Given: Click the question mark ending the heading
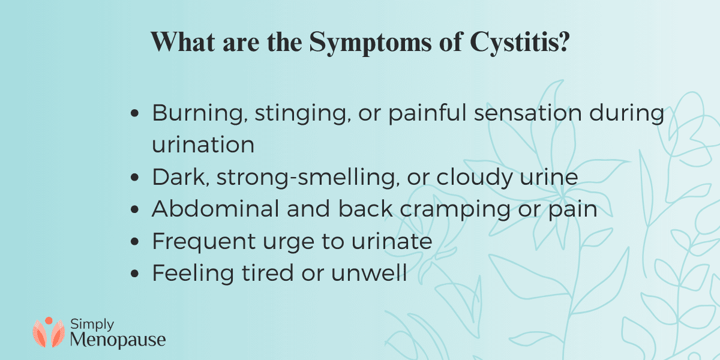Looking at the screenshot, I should [562, 43].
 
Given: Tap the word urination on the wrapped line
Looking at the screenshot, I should [203, 145].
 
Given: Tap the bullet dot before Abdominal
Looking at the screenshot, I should [136, 211].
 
